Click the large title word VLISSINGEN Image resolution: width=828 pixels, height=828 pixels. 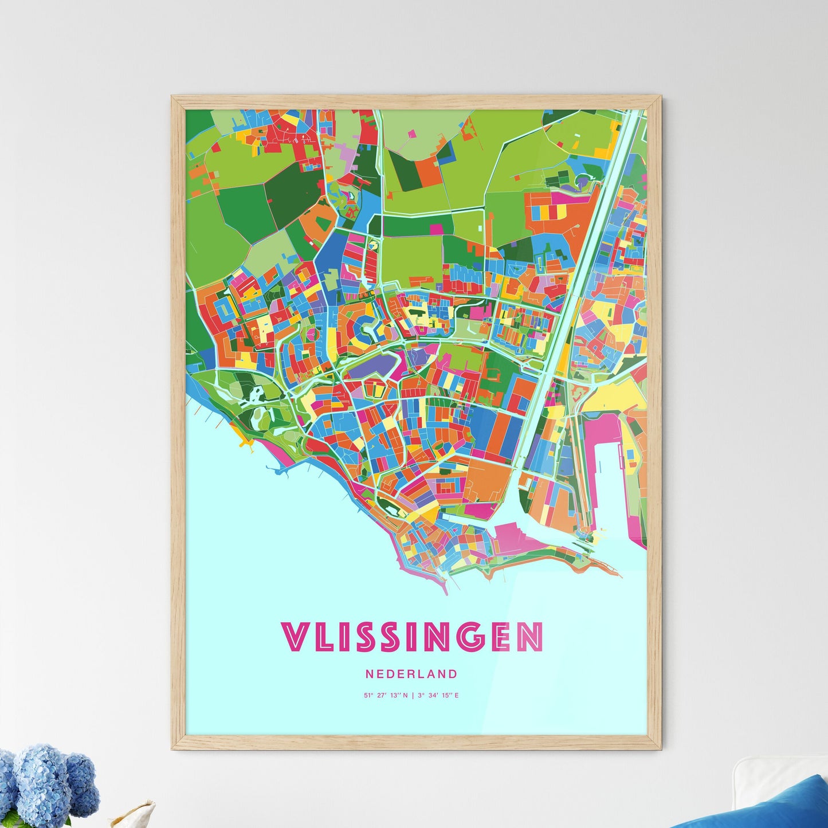coord(412,637)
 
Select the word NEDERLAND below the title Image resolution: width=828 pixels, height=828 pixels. coord(411,674)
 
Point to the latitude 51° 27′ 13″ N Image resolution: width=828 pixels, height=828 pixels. coord(386,696)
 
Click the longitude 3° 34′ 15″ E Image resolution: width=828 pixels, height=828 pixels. coord(438,696)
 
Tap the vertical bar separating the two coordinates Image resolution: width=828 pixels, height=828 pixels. coord(413,696)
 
